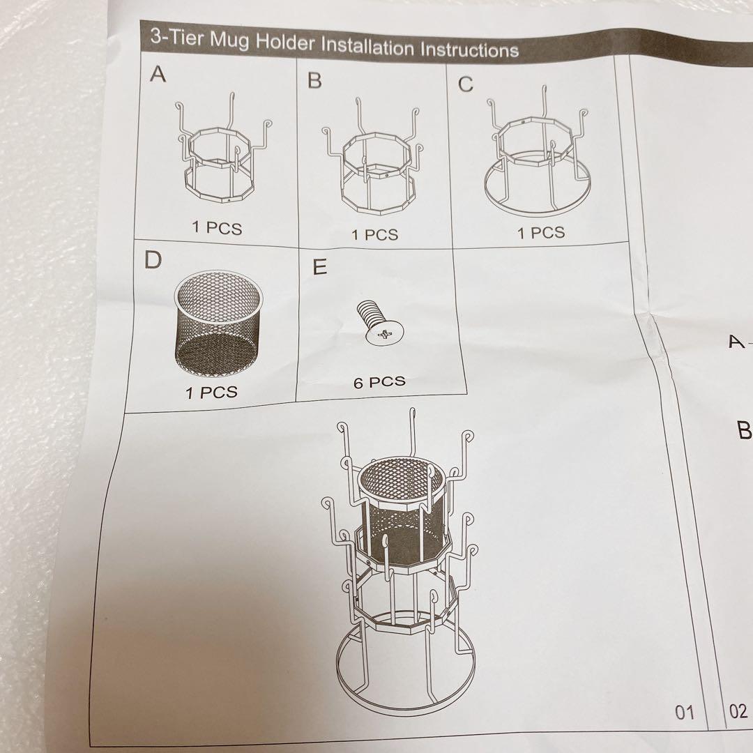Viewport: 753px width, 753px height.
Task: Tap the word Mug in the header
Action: (x=229, y=40)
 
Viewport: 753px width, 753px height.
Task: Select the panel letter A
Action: (x=158, y=75)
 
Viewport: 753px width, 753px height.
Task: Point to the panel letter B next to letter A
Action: (x=314, y=80)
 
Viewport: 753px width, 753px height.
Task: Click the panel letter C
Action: (x=465, y=84)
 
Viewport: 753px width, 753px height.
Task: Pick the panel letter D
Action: (x=153, y=260)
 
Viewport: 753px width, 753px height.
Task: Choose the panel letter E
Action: (x=319, y=266)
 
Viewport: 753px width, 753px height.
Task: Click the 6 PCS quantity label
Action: (x=379, y=382)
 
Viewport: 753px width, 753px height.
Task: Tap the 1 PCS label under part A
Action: (x=217, y=227)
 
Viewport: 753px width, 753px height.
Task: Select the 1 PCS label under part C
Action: (x=541, y=233)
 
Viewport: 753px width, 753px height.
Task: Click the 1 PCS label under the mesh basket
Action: (x=211, y=393)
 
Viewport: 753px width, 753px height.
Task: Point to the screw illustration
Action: (x=379, y=322)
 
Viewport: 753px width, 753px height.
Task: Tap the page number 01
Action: (x=685, y=712)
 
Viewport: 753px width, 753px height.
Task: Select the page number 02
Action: (x=738, y=710)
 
